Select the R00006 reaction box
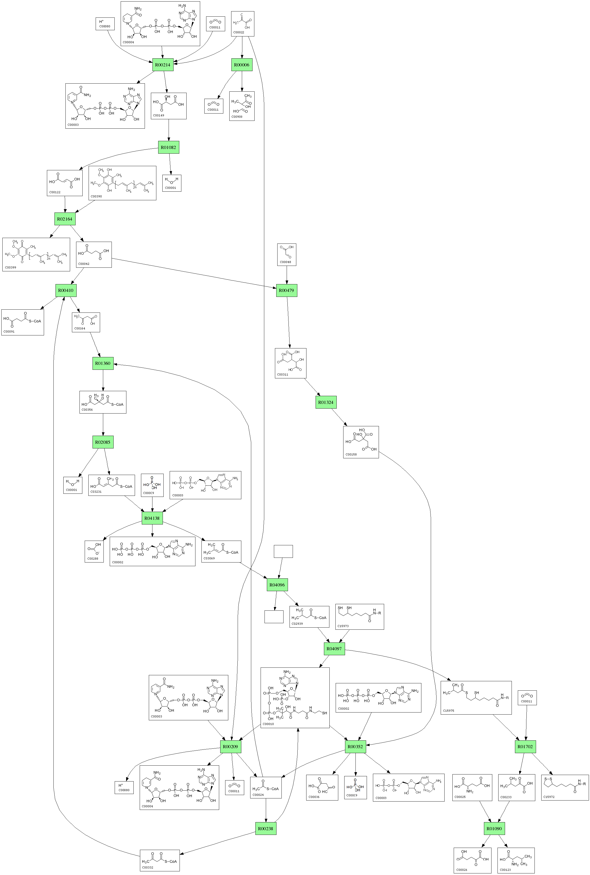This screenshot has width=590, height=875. coord(242,65)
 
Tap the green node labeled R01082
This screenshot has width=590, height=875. coord(168,147)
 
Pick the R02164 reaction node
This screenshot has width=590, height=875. coord(65,219)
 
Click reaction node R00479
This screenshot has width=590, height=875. coord(286,290)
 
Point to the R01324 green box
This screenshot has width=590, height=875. coord(325,402)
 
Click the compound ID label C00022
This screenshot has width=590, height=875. coord(238,32)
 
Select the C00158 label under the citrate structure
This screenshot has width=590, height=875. coord(351,454)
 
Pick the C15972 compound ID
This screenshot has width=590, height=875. coord(549,797)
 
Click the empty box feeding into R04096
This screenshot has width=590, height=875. coord(283,551)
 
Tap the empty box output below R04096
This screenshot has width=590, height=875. coord(274,617)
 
